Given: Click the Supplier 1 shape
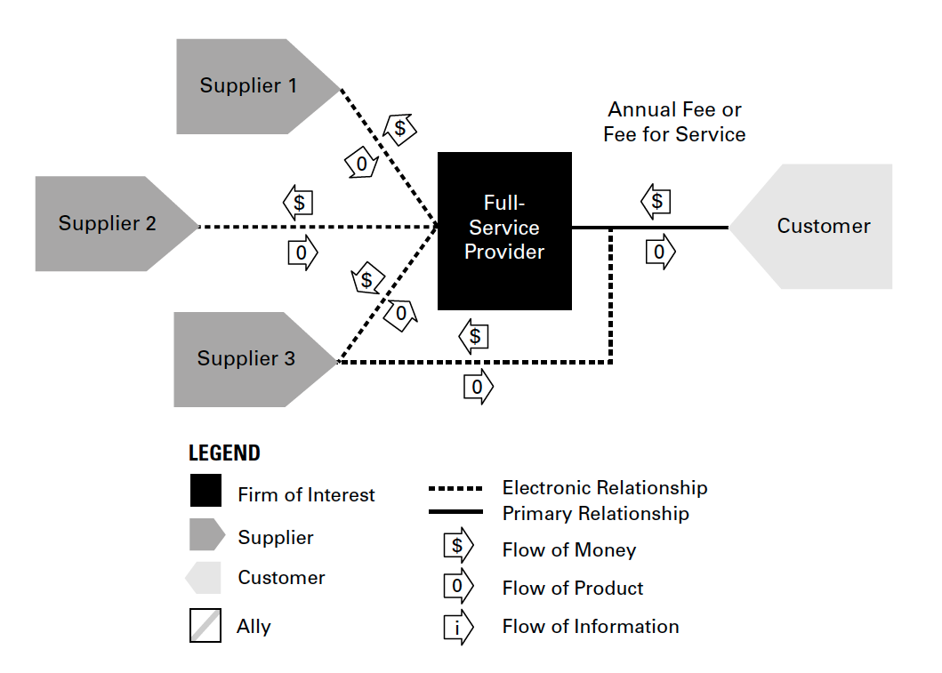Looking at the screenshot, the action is pos(253,86).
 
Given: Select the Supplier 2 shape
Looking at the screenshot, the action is pos(111,223).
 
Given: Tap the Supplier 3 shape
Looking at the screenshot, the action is pos(250,359).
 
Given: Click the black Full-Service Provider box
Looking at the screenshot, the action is pos(504,231).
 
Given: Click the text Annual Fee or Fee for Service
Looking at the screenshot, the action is pos(674,122).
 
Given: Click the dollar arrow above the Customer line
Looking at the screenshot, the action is pos(656,201).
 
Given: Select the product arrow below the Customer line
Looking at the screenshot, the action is pos(660,252).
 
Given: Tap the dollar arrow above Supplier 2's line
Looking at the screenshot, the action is pos(298,203).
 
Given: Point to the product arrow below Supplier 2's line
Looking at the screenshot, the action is pos(302,252).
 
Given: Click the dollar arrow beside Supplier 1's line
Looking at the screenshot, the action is pos(399,129).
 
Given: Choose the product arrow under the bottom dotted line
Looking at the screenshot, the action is pos(479,387).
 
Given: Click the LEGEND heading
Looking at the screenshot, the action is pos(224,453).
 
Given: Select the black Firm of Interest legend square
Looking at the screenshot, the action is pos(205,491).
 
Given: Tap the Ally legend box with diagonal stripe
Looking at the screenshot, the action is pos(205,626).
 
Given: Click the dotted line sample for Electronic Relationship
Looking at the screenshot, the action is pos(455,489).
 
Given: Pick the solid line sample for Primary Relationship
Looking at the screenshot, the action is pos(455,511).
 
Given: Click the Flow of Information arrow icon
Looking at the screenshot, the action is pos(458,628).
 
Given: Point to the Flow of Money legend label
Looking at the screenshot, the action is pos(569,550).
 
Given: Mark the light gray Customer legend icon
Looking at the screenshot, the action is pos(203,578).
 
